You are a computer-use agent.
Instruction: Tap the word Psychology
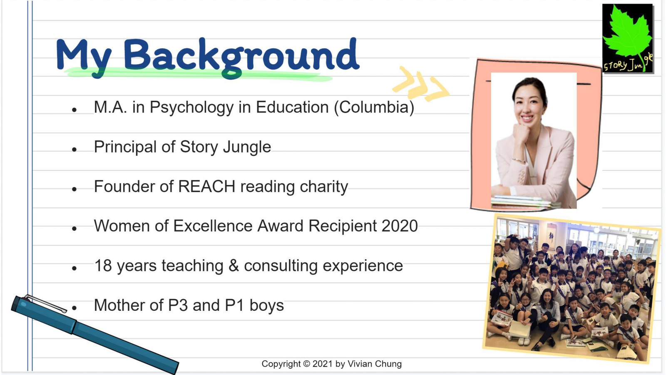pos(191,108)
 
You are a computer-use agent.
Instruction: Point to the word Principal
pos(125,147)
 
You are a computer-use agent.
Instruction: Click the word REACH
pos(206,187)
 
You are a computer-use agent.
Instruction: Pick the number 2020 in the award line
pos(400,226)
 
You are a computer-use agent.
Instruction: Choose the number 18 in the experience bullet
pos(103,265)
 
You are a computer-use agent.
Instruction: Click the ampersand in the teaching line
pos(234,265)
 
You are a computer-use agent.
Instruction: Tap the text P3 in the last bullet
pos(177,305)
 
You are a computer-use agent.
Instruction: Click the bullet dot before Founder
pos(75,189)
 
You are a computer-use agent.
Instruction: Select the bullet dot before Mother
pos(75,308)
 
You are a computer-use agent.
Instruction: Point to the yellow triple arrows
pos(421,83)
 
